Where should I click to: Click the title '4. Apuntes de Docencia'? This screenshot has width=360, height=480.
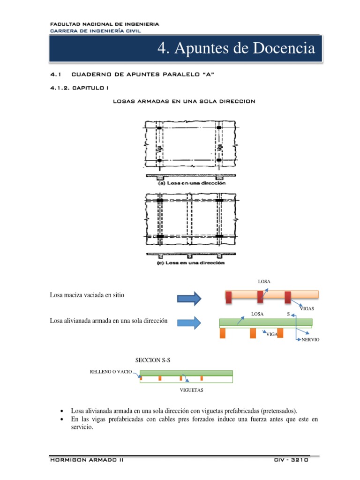[236, 48]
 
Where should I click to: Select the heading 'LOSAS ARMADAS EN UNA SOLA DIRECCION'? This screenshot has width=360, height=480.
[184, 102]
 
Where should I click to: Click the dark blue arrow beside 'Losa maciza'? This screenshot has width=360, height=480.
[189, 298]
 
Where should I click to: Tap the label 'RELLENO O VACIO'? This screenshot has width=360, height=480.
[111, 371]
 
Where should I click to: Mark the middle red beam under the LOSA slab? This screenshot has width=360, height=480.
[260, 297]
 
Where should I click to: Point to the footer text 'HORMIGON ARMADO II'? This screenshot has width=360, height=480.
[87, 460]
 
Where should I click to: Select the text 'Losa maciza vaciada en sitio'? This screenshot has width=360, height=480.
[87, 295]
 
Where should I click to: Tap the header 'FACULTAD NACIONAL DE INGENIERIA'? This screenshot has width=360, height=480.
[104, 24]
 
